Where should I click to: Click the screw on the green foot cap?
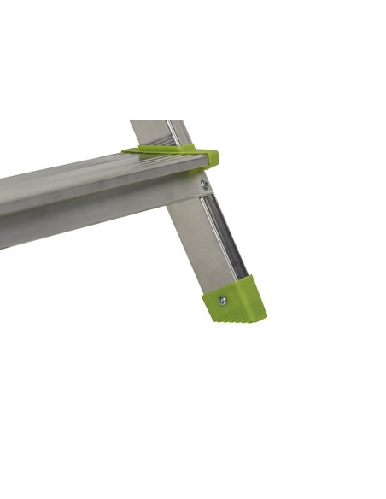[x=223, y=300]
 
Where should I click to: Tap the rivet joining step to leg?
[x=204, y=184]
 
